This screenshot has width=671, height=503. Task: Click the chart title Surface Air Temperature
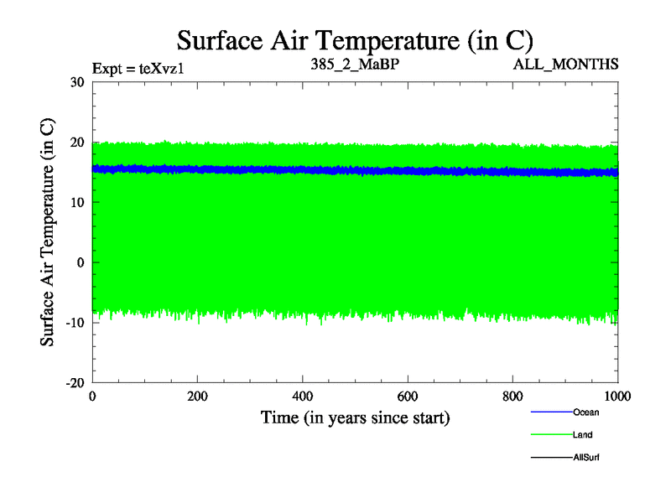tap(355, 40)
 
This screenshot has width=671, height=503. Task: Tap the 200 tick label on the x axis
tap(197, 397)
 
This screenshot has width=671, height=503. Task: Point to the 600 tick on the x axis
tap(408, 397)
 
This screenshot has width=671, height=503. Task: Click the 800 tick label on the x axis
tap(512, 397)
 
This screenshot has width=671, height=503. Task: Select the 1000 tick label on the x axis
tap(617, 397)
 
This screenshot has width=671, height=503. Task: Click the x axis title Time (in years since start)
tap(355, 417)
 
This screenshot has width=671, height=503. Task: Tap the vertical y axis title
tap(49, 232)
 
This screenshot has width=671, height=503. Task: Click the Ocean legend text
tap(586, 412)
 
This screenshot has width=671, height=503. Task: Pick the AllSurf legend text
tap(586, 458)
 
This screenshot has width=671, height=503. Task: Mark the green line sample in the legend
tap(550, 435)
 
